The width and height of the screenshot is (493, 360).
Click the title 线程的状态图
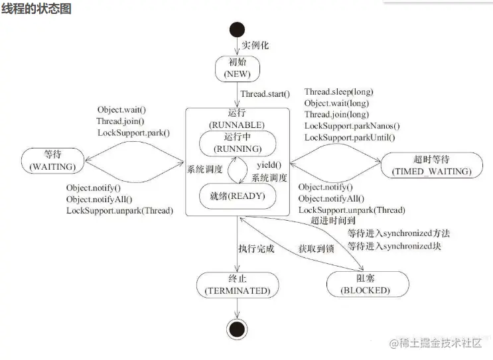(x=36, y=9)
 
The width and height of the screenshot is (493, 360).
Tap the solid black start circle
(x=237, y=30)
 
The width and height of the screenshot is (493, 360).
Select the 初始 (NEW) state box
(x=237, y=68)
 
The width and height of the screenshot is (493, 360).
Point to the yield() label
(x=269, y=165)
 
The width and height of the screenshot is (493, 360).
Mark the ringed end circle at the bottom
(x=237, y=328)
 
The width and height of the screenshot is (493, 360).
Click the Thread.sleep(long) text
(x=338, y=91)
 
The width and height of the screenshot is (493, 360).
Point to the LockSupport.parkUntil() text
(x=349, y=137)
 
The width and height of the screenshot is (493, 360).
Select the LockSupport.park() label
(x=133, y=133)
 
